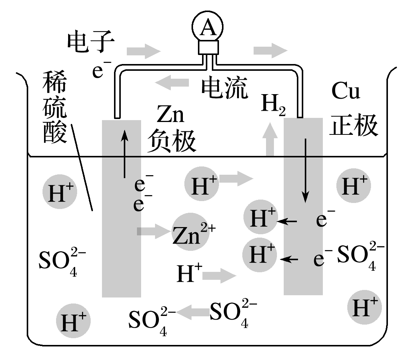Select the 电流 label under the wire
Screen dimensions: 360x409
pos(225,88)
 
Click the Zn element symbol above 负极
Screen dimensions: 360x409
pos(170,115)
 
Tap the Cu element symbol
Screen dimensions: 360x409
pos(345,92)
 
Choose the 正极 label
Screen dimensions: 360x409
pos(353,125)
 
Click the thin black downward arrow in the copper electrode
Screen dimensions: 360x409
pos(306,169)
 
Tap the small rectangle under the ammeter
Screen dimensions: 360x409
pos(209,47)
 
